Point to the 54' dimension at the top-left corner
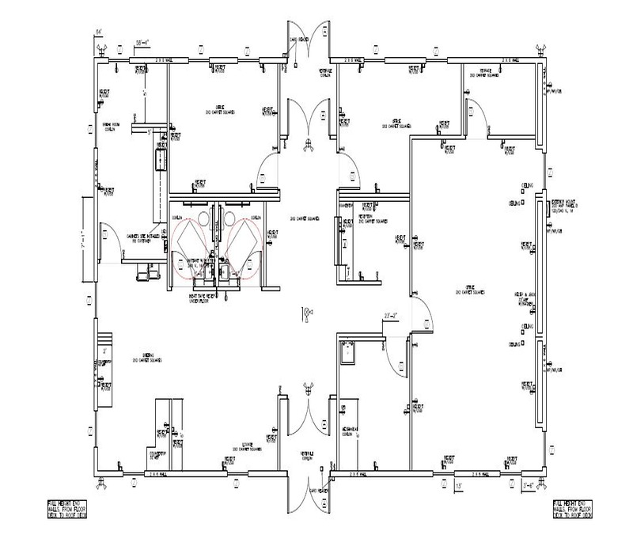pos(99,32)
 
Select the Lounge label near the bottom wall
pos(248,447)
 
